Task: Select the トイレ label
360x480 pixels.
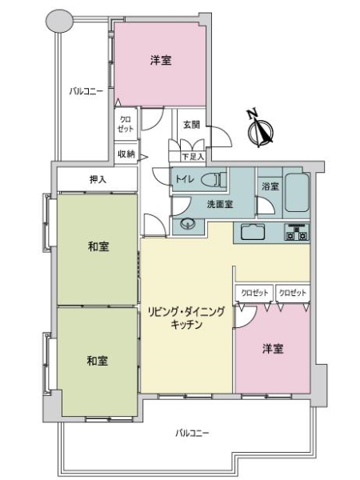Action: click(x=184, y=180)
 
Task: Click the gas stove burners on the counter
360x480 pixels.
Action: click(x=298, y=234)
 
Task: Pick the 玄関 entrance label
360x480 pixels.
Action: click(x=190, y=125)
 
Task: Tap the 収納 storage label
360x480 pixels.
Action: click(x=126, y=154)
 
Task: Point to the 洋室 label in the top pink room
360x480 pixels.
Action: click(x=161, y=60)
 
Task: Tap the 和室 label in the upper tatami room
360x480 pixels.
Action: click(x=98, y=246)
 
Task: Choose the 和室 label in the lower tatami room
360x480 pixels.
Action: click(x=98, y=361)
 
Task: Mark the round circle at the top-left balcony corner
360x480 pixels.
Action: click(x=59, y=22)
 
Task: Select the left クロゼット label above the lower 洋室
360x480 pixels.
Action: click(x=254, y=294)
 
